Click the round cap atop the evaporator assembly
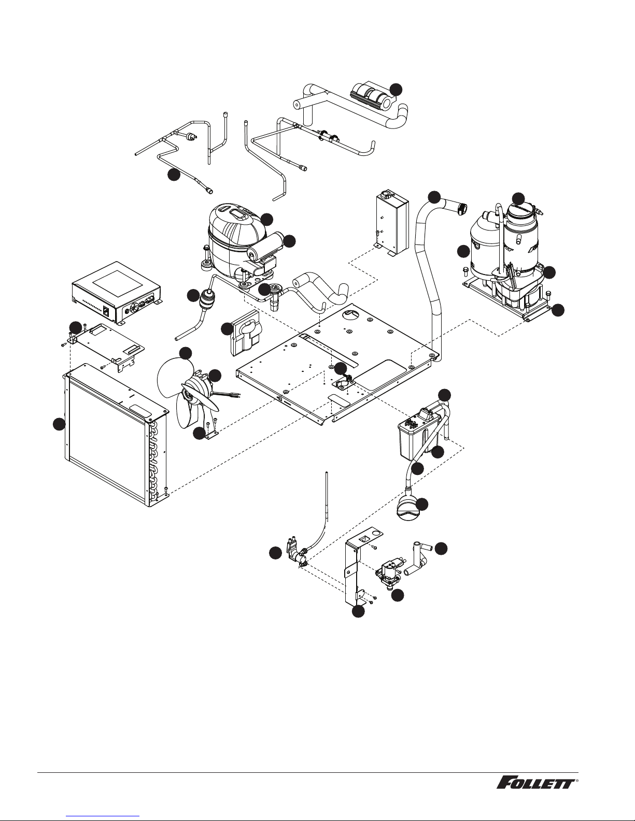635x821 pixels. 519,212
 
